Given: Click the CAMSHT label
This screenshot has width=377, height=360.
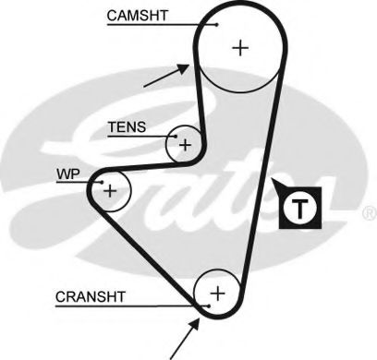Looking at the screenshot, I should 138,16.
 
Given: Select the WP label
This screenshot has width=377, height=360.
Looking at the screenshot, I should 68,173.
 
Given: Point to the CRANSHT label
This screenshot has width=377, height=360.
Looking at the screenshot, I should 91,296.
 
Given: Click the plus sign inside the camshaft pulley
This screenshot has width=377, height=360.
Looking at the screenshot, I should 241,48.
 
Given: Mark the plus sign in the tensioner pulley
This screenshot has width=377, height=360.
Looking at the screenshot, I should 185,144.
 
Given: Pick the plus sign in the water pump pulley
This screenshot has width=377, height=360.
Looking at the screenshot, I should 110,190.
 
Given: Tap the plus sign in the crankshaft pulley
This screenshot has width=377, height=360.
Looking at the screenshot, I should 218,294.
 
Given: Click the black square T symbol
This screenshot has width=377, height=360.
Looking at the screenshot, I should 298,207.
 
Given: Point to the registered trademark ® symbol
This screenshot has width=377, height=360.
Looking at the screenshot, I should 369,212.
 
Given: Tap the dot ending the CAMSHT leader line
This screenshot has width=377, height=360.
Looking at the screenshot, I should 216,25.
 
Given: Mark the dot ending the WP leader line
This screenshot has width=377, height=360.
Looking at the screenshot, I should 101,183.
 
